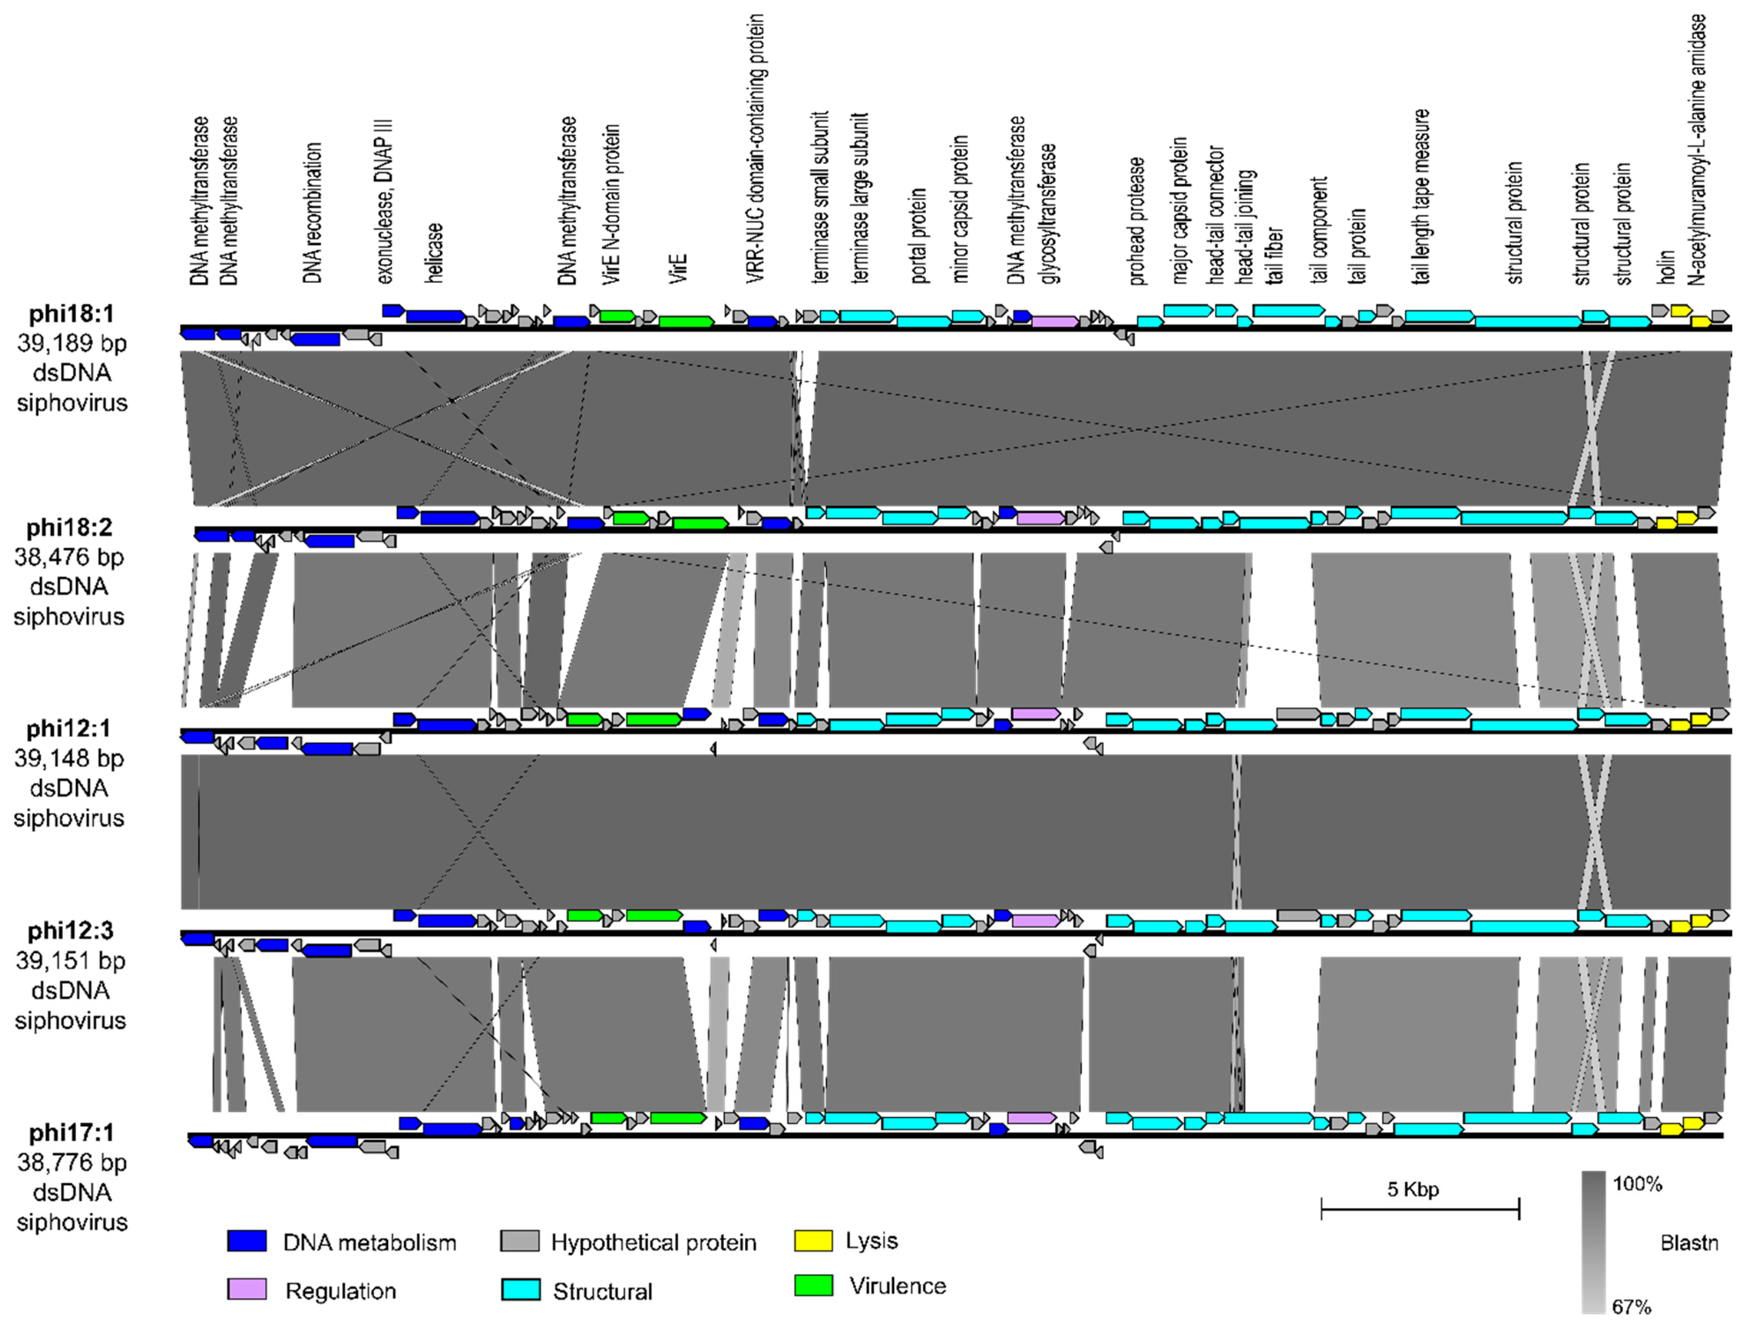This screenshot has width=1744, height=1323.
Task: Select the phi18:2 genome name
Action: [x=69, y=527]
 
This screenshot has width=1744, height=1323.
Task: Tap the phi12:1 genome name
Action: [x=69, y=728]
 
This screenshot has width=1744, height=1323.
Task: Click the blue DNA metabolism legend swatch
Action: [x=247, y=1241]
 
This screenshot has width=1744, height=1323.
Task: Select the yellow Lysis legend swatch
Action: [x=813, y=1240]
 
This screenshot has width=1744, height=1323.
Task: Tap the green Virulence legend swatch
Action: [x=813, y=1285]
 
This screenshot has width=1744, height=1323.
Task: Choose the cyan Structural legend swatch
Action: [x=520, y=1290]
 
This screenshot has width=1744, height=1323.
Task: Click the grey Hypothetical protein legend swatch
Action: [x=520, y=1241]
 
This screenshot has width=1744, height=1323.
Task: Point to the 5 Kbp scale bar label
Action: [x=1413, y=1189]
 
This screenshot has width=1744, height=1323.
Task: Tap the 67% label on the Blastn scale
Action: [x=1631, y=1307]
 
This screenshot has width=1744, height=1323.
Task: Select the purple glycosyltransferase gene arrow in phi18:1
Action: [x=1054, y=322]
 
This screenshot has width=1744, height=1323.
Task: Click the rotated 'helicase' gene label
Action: [x=434, y=252]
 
